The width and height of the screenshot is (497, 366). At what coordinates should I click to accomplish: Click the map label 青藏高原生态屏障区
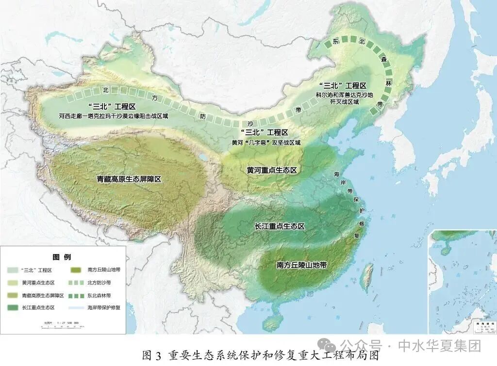(x=129, y=179)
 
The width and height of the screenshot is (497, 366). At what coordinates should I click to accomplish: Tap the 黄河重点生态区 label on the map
(x=271, y=170)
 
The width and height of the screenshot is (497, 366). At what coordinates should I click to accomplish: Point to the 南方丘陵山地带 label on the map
(x=301, y=265)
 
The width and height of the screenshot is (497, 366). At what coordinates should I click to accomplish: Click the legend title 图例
(x=62, y=257)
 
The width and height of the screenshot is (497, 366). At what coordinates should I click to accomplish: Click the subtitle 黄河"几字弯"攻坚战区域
(x=266, y=143)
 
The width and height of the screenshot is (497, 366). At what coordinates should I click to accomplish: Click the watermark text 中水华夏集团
(x=439, y=346)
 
